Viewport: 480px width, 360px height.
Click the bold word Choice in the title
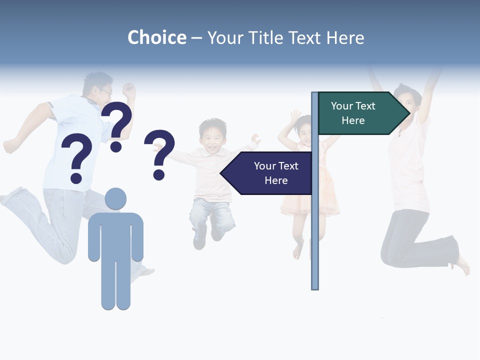click(156, 37)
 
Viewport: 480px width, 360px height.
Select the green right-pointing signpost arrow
click(360, 113)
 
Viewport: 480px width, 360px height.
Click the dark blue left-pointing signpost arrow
click(270, 173)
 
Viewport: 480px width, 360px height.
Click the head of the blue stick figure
click(115, 199)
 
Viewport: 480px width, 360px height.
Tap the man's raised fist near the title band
click(129, 90)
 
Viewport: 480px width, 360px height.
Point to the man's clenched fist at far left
click(10, 146)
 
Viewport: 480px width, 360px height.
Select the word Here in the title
click(345, 38)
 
